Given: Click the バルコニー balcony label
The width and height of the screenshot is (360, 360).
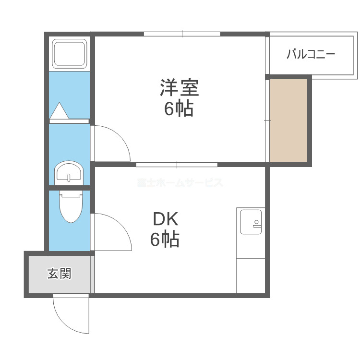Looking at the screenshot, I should pos(311,54).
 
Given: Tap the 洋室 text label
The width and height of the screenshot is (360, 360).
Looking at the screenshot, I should pos(179,88).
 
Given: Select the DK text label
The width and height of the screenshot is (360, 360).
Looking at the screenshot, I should pos(165,219).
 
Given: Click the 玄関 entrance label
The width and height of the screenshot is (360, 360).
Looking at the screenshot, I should pos(59,274).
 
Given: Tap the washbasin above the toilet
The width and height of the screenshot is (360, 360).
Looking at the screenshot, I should pos(69,172).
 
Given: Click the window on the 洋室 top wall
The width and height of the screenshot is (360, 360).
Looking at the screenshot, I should pos(182,34).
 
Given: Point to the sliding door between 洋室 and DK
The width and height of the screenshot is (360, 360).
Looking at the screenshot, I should pos(177,165).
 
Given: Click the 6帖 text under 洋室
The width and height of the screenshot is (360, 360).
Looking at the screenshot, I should pos(179,109).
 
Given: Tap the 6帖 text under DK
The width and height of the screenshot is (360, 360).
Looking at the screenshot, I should pos(165,239).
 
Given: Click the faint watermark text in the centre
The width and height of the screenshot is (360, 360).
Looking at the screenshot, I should pos(180,183).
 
